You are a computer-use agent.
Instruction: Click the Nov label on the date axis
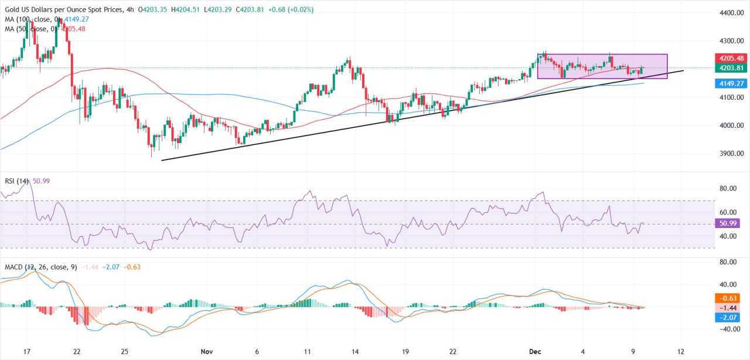point(206,351)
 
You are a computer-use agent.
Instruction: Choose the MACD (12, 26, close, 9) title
point(41,267)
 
